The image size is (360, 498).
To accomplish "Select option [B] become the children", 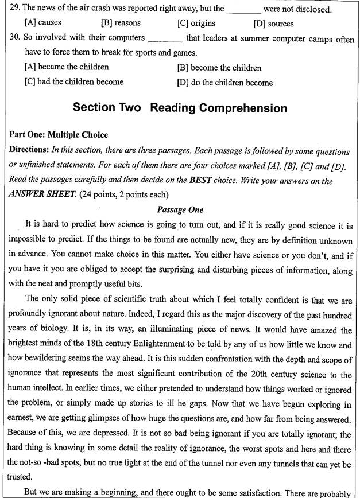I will pyautogui.click(x=219, y=68).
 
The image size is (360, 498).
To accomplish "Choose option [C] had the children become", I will pyautogui.click(x=74, y=82).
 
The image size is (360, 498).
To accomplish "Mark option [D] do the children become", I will pyautogui.click(x=224, y=83).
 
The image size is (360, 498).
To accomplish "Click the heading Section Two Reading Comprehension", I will pyautogui.click(x=180, y=108).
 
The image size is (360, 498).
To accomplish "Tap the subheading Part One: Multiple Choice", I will pyautogui.click(x=59, y=135).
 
